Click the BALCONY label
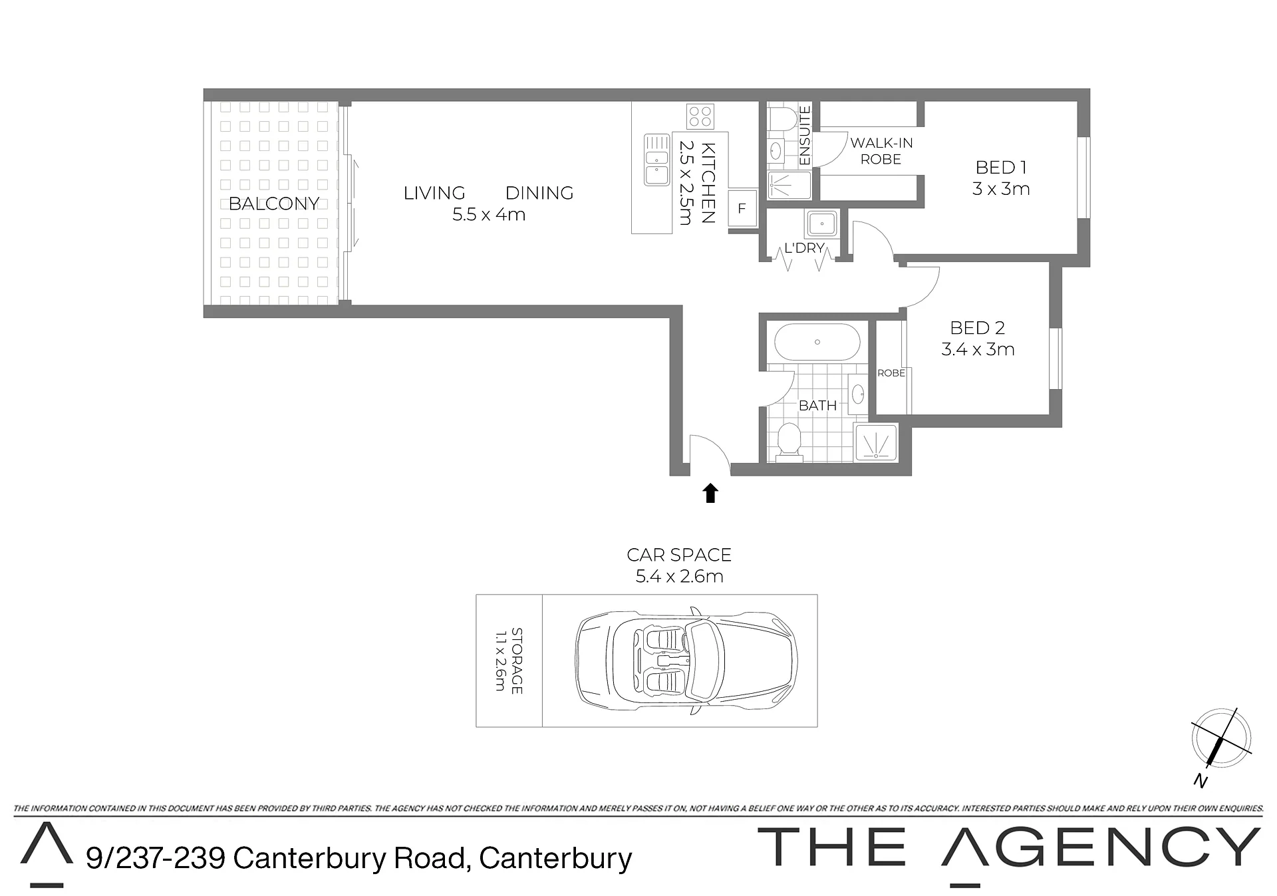(274, 204)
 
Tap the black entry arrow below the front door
(711, 493)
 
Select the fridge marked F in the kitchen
(742, 208)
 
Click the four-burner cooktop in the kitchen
(700, 116)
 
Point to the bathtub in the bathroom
(817, 342)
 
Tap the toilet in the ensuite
(783, 120)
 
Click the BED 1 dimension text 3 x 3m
(1000, 189)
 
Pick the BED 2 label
(977, 328)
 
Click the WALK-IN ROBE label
(881, 151)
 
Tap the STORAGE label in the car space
(517, 661)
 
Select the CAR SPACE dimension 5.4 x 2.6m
(679, 577)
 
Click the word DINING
(539, 193)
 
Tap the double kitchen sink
(656, 160)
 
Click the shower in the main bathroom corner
(877, 442)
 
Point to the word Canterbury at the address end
(555, 858)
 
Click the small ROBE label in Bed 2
(891, 373)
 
